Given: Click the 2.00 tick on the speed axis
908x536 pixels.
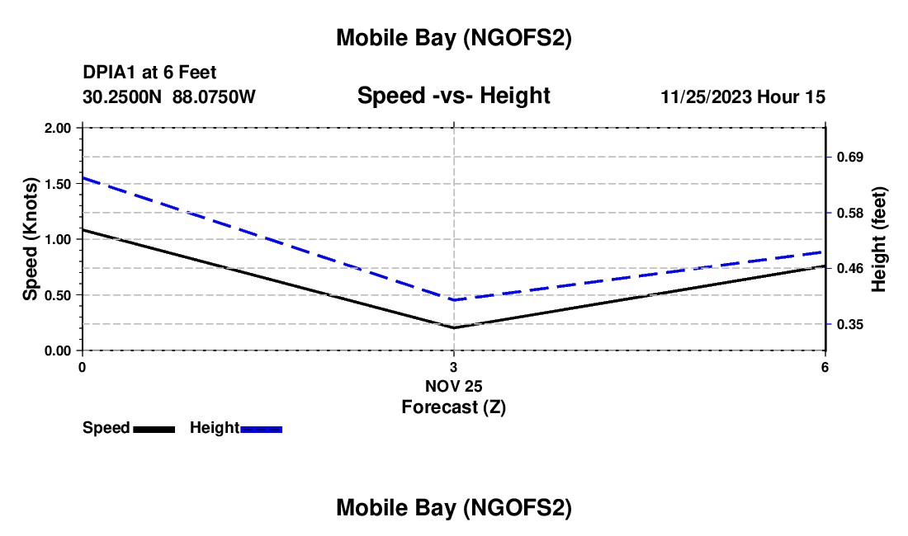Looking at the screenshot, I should pyautogui.click(x=58, y=128).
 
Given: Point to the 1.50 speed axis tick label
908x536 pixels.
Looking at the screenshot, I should pyautogui.click(x=58, y=184).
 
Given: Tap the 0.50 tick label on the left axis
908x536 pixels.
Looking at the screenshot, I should pyautogui.click(x=58, y=295).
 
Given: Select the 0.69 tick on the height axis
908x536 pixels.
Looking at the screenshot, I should pyautogui.click(x=851, y=157).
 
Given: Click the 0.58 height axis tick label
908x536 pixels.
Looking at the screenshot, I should pyautogui.click(x=851, y=214).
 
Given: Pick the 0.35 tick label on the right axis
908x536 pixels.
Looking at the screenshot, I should pyautogui.click(x=851, y=324).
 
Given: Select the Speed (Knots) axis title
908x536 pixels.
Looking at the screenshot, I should pyautogui.click(x=31, y=239).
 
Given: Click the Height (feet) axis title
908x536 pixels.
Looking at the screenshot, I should pyautogui.click(x=878, y=239).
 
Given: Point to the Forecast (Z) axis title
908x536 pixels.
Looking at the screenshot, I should pyautogui.click(x=453, y=407).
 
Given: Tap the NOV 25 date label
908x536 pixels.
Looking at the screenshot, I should pyautogui.click(x=453, y=386).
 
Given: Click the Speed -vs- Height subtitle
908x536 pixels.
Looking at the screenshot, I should pyautogui.click(x=453, y=96).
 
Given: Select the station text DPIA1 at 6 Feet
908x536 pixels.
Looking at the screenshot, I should pyautogui.click(x=149, y=73).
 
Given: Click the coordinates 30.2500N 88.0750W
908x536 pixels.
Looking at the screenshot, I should pyautogui.click(x=169, y=97).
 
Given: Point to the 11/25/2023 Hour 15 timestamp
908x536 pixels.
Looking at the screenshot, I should pyautogui.click(x=743, y=97).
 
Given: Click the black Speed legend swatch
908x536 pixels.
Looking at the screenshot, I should pyautogui.click(x=154, y=429).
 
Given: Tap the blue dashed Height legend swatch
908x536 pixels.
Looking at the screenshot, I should pyautogui.click(x=262, y=429).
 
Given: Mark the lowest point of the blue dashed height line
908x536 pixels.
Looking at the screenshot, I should pyautogui.click(x=453, y=300).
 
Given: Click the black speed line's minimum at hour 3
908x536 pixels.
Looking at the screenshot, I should pyautogui.click(x=453, y=327).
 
